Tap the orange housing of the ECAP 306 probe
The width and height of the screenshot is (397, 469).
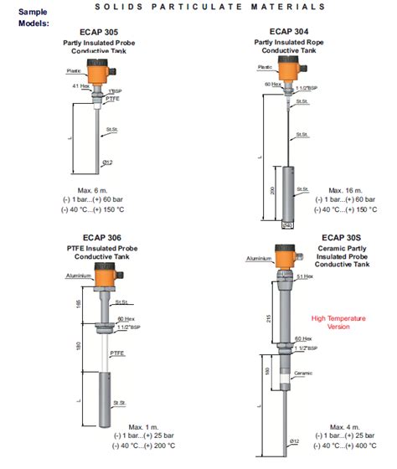click(106, 276)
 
